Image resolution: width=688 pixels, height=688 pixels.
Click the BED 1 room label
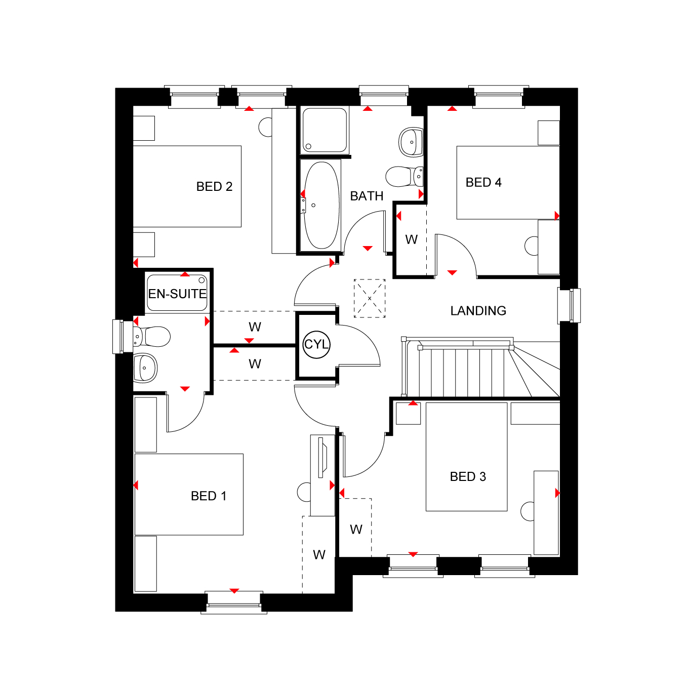tap(209, 496)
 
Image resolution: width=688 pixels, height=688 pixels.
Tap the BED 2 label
tap(214, 186)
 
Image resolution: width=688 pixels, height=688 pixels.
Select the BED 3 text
tap(468, 476)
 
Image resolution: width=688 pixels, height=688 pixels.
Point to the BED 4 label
tap(483, 182)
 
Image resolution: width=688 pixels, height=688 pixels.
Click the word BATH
tap(367, 196)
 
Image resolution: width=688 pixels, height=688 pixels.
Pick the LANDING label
tap(478, 311)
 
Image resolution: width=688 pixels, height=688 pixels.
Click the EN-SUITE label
tap(177, 294)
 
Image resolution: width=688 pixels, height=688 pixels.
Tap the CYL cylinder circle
tap(316, 345)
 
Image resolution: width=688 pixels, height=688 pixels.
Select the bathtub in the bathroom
tap(321, 206)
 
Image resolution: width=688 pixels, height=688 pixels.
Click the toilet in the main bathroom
tap(404, 176)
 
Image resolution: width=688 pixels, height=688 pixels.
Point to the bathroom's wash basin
tap(411, 142)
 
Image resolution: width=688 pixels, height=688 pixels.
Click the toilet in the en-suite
tap(152, 337)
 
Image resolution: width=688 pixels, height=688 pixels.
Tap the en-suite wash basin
tap(145, 368)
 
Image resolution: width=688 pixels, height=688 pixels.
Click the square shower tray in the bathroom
tap(324, 130)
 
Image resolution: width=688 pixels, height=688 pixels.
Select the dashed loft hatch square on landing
tap(370, 299)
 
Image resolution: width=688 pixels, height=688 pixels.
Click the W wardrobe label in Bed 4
tap(411, 239)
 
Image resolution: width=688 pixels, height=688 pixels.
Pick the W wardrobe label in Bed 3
tap(356, 530)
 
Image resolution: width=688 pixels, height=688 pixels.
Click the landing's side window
tap(569, 306)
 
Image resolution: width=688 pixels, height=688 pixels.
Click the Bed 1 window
tap(234, 602)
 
